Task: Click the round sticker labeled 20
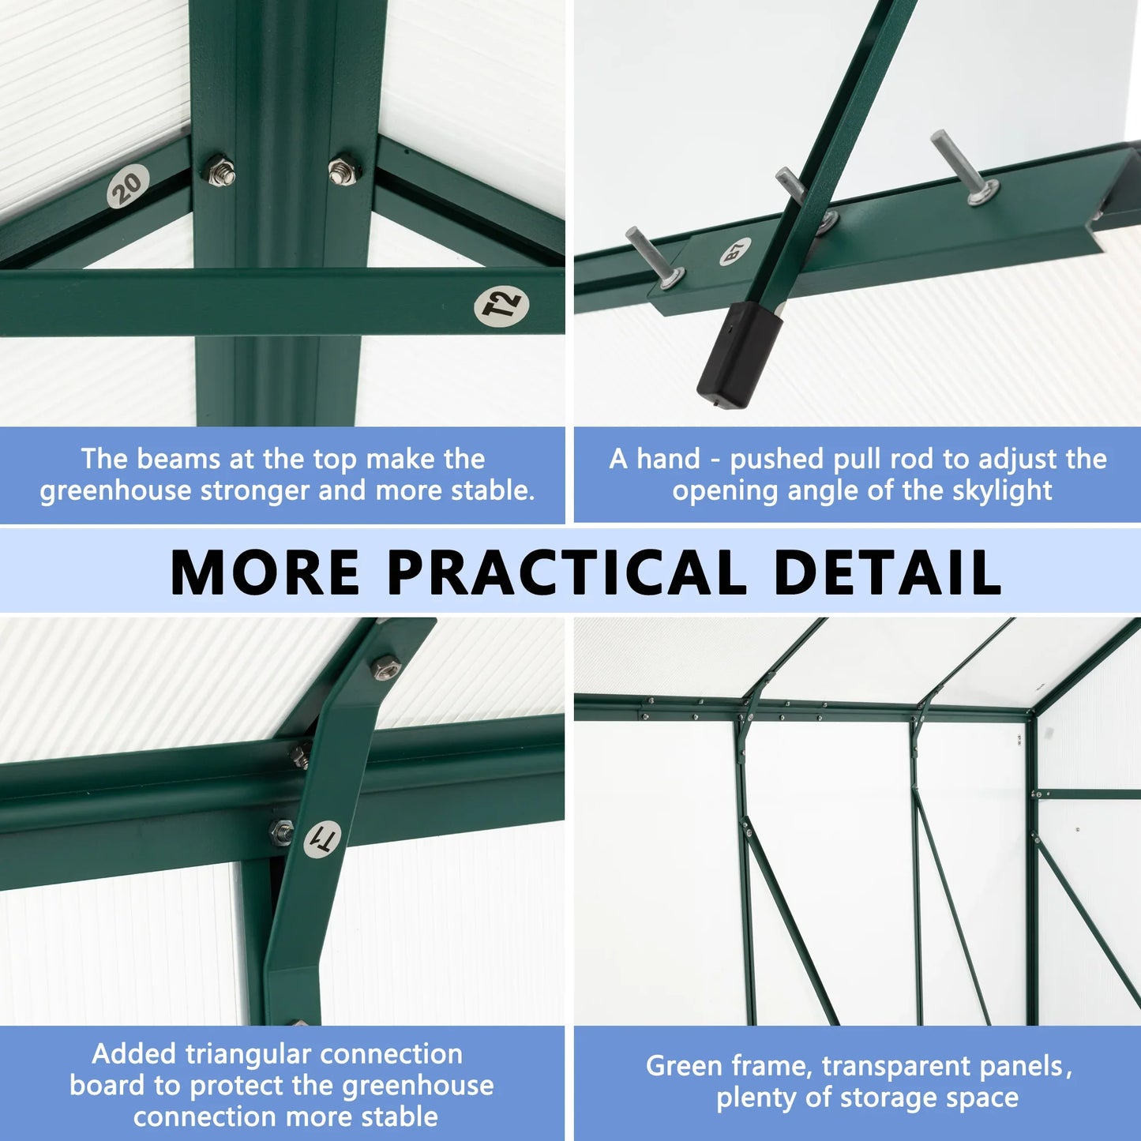coord(128,187)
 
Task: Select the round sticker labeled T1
coord(322,839)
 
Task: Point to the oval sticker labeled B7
coord(734,253)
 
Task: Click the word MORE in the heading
coord(265,572)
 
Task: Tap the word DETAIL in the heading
coord(888,572)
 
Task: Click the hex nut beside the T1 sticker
coord(281,831)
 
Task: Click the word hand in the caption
coord(668,459)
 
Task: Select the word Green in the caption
coord(682,1066)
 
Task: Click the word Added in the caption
coord(135,1053)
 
